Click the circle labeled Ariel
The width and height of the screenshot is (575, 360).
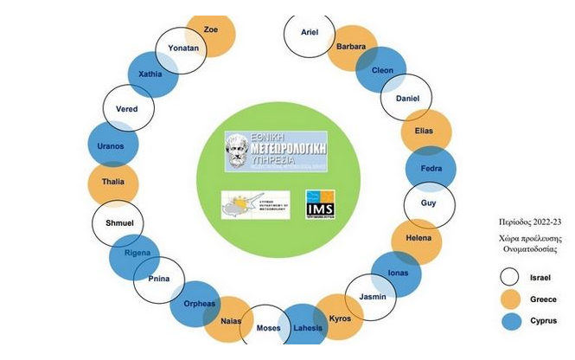pos(310,33)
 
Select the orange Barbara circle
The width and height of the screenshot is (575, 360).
pos(351,47)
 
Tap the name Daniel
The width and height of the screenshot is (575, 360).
pos(406,99)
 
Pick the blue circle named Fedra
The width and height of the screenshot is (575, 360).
pos(431,169)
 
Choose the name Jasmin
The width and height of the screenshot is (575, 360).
pos(371,296)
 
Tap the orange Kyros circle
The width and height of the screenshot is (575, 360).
pos(340,318)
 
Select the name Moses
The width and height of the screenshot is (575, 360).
pos(268,328)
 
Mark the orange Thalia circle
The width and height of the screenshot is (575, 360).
pos(112,183)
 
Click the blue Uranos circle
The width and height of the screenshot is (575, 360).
pos(112,145)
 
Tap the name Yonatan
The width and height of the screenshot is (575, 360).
pos(182,48)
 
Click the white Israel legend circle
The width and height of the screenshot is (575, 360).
pos(510,278)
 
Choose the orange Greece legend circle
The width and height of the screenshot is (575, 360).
pos(510,299)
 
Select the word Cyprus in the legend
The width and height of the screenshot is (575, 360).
pos(545,321)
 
